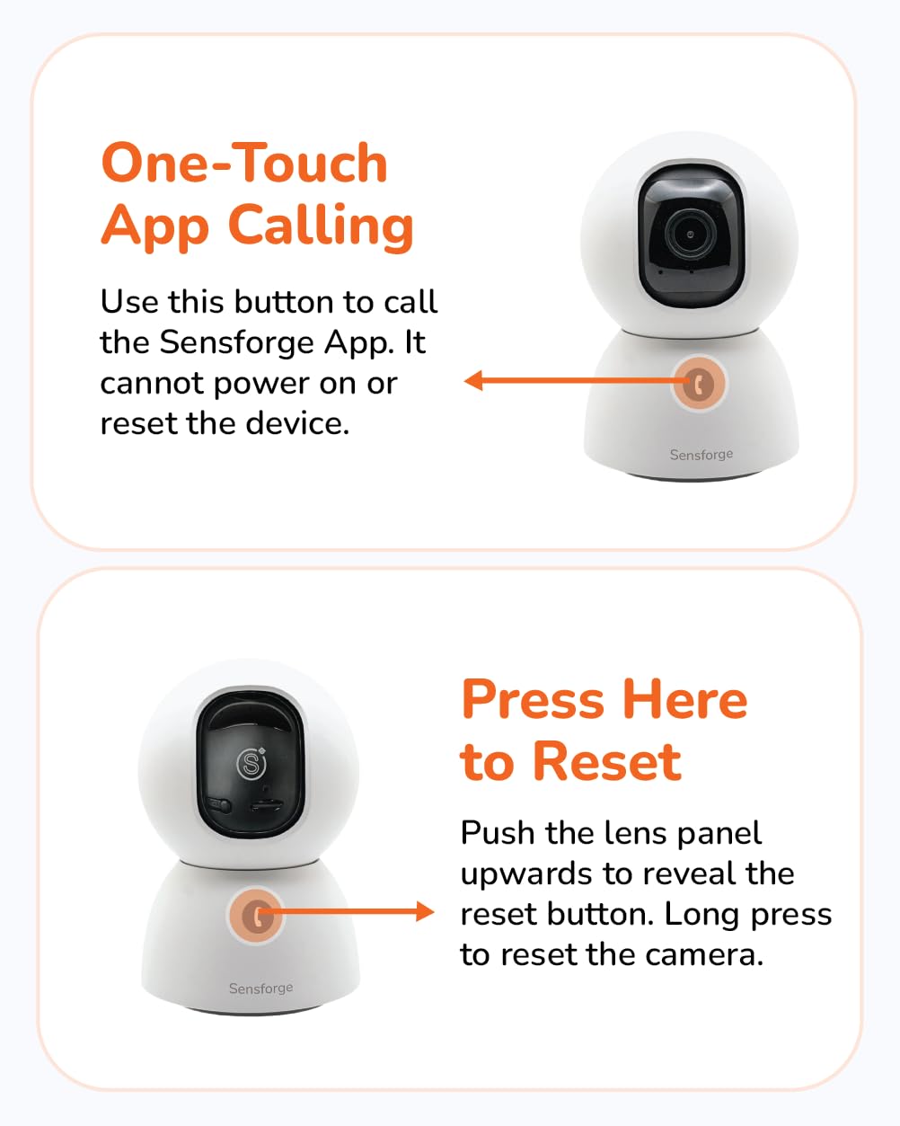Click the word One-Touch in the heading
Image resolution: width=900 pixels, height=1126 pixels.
244,163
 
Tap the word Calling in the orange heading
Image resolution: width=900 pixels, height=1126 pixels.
321,226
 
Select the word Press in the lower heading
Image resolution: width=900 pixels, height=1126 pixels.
533,699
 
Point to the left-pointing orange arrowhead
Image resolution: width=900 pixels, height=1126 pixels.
473,380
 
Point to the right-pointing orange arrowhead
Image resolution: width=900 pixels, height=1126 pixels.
425,911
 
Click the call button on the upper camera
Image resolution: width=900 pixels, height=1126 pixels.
699,384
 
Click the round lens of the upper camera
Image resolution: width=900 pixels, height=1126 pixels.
690,234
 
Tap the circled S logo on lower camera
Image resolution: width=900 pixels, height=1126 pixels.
251,764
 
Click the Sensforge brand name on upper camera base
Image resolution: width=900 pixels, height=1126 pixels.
701,454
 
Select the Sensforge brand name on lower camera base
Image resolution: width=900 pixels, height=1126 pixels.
261,988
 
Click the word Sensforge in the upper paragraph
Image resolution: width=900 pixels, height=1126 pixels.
237,342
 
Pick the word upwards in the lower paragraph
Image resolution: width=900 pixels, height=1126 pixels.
527,874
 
